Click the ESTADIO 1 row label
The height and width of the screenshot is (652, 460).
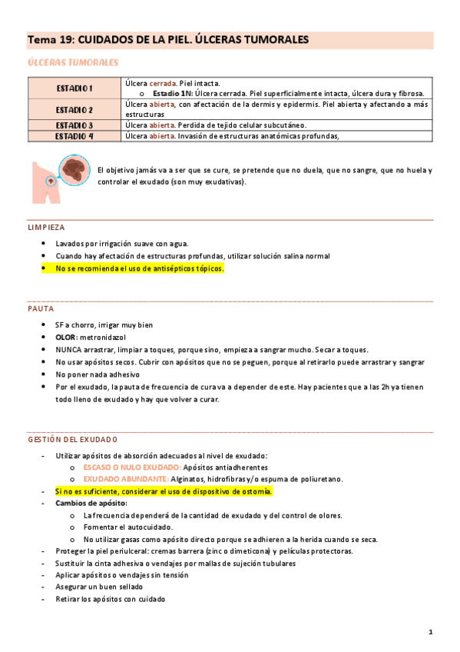pyautogui.click(x=74, y=88)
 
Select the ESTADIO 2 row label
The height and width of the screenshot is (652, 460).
pyautogui.click(x=74, y=109)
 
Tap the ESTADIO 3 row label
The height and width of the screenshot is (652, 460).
pyautogui.click(x=74, y=125)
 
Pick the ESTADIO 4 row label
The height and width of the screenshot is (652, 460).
pyautogui.click(x=74, y=136)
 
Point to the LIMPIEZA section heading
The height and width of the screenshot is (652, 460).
pyautogui.click(x=46, y=228)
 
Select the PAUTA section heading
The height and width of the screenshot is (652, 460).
pyautogui.click(x=41, y=308)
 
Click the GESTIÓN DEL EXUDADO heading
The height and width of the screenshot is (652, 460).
pyautogui.click(x=72, y=440)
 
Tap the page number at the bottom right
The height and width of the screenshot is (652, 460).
pyautogui.click(x=431, y=632)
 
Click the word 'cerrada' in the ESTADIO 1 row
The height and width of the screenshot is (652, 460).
pyautogui.click(x=162, y=83)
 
